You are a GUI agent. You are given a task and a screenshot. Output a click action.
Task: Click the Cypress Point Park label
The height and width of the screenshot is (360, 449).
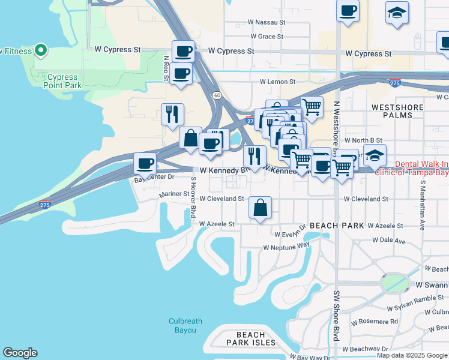tap(62, 81)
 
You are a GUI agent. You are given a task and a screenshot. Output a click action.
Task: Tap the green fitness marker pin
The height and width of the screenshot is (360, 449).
tap(41, 50)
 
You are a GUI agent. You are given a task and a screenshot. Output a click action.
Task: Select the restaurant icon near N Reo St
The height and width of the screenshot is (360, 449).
tap(172, 113)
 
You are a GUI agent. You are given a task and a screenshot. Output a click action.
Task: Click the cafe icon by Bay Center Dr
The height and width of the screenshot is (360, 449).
tap(145, 163)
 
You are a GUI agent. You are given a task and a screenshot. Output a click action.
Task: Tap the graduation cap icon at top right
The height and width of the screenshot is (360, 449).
tap(396, 13)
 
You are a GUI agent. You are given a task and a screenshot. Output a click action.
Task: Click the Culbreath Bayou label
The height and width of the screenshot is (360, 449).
tap(182, 325)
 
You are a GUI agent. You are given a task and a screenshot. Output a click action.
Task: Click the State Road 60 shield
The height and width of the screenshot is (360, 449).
tap(215, 95)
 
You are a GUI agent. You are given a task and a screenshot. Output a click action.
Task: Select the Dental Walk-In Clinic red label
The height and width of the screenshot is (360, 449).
tap(412, 167)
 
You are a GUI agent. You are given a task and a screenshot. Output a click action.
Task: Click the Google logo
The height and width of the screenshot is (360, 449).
tap(20, 353)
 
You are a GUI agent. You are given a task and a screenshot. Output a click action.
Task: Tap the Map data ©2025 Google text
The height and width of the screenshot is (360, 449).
tap(412, 355)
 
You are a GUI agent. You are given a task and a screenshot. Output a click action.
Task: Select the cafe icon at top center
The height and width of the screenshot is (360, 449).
tap(348, 10)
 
